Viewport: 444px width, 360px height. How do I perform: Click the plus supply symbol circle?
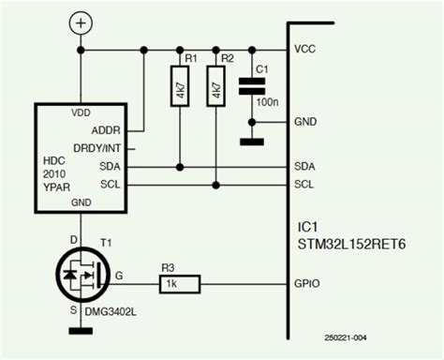pos(81,22)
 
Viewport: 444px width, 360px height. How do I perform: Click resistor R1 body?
pos(179,90)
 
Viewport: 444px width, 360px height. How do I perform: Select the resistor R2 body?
pos(215,90)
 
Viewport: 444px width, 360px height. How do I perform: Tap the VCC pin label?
pos(304,50)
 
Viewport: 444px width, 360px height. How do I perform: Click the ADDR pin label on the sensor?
pos(110,130)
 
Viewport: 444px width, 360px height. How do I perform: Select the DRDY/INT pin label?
pos(102,149)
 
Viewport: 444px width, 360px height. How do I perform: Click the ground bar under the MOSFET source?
pos(81,330)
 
